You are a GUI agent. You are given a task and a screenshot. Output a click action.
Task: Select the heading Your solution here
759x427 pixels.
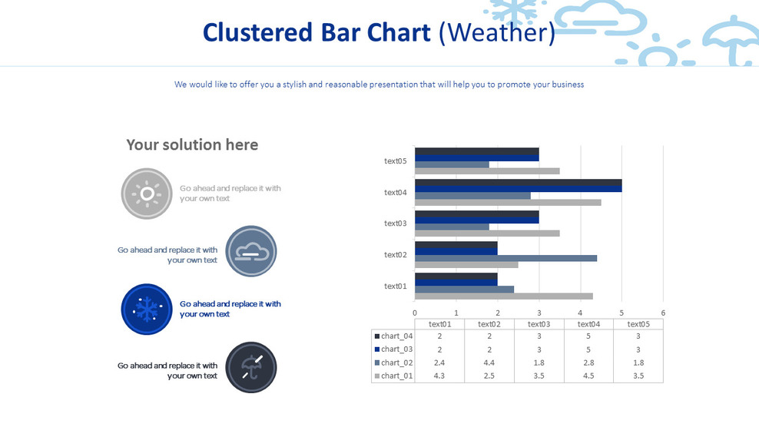(x=192, y=144)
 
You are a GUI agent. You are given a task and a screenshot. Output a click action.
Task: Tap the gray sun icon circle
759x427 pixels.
(x=147, y=194)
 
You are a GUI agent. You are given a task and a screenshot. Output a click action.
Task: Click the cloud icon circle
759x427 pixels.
(x=251, y=251)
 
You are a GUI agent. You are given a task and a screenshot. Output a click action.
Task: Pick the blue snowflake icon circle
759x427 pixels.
(x=146, y=309)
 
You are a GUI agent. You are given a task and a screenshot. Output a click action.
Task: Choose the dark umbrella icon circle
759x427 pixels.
(x=251, y=366)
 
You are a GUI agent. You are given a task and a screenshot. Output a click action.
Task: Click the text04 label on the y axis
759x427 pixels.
(x=395, y=192)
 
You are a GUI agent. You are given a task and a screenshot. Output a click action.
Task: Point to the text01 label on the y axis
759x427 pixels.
(x=395, y=286)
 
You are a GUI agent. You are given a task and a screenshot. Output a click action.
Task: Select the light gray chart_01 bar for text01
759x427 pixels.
(x=503, y=296)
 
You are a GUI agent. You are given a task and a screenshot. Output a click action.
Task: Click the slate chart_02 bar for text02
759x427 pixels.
(x=505, y=258)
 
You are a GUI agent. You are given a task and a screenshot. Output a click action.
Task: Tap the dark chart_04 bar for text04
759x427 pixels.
(x=518, y=182)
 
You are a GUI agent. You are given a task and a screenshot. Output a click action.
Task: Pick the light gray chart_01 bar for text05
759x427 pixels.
(x=487, y=170)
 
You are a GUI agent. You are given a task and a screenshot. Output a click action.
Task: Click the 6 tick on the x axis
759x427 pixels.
(x=663, y=313)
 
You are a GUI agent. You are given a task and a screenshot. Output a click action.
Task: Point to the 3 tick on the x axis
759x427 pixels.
(x=539, y=313)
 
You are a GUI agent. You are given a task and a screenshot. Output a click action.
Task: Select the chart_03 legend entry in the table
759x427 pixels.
(x=393, y=349)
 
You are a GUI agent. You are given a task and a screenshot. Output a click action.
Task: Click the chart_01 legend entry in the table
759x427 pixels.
(x=393, y=376)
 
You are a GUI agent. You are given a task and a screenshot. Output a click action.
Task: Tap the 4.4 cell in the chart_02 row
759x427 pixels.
(x=489, y=362)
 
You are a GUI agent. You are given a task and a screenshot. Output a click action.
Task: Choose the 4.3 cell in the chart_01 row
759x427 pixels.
(x=439, y=376)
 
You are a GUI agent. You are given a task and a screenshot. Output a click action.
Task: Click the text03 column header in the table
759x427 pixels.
(x=539, y=324)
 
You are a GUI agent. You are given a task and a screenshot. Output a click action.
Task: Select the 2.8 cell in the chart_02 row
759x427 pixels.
(x=588, y=362)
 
